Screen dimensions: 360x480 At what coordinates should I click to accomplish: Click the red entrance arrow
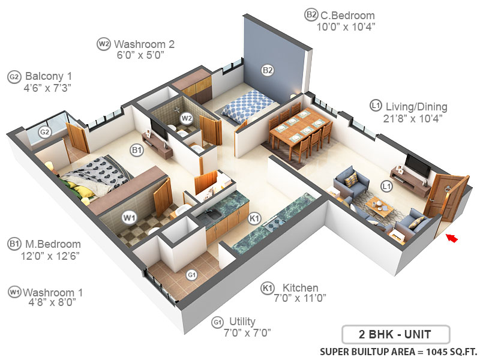pyautogui.click(x=452, y=239)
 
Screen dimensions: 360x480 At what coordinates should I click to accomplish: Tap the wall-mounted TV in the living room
pyautogui.click(x=418, y=165)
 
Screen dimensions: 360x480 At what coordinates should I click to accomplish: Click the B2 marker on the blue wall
pyautogui.click(x=268, y=70)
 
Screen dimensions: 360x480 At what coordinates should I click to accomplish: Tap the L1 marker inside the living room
pyautogui.click(x=387, y=186)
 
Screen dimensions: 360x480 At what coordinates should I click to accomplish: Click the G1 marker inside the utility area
pyautogui.click(x=192, y=275)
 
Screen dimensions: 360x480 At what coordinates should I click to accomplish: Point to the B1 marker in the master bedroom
pyautogui.click(x=137, y=151)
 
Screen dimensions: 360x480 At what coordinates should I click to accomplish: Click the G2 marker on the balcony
pyautogui.click(x=44, y=132)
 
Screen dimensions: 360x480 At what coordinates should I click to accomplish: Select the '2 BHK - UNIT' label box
pyautogui.click(x=395, y=334)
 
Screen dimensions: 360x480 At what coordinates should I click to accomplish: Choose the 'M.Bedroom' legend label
pyautogui.click(x=53, y=244)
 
